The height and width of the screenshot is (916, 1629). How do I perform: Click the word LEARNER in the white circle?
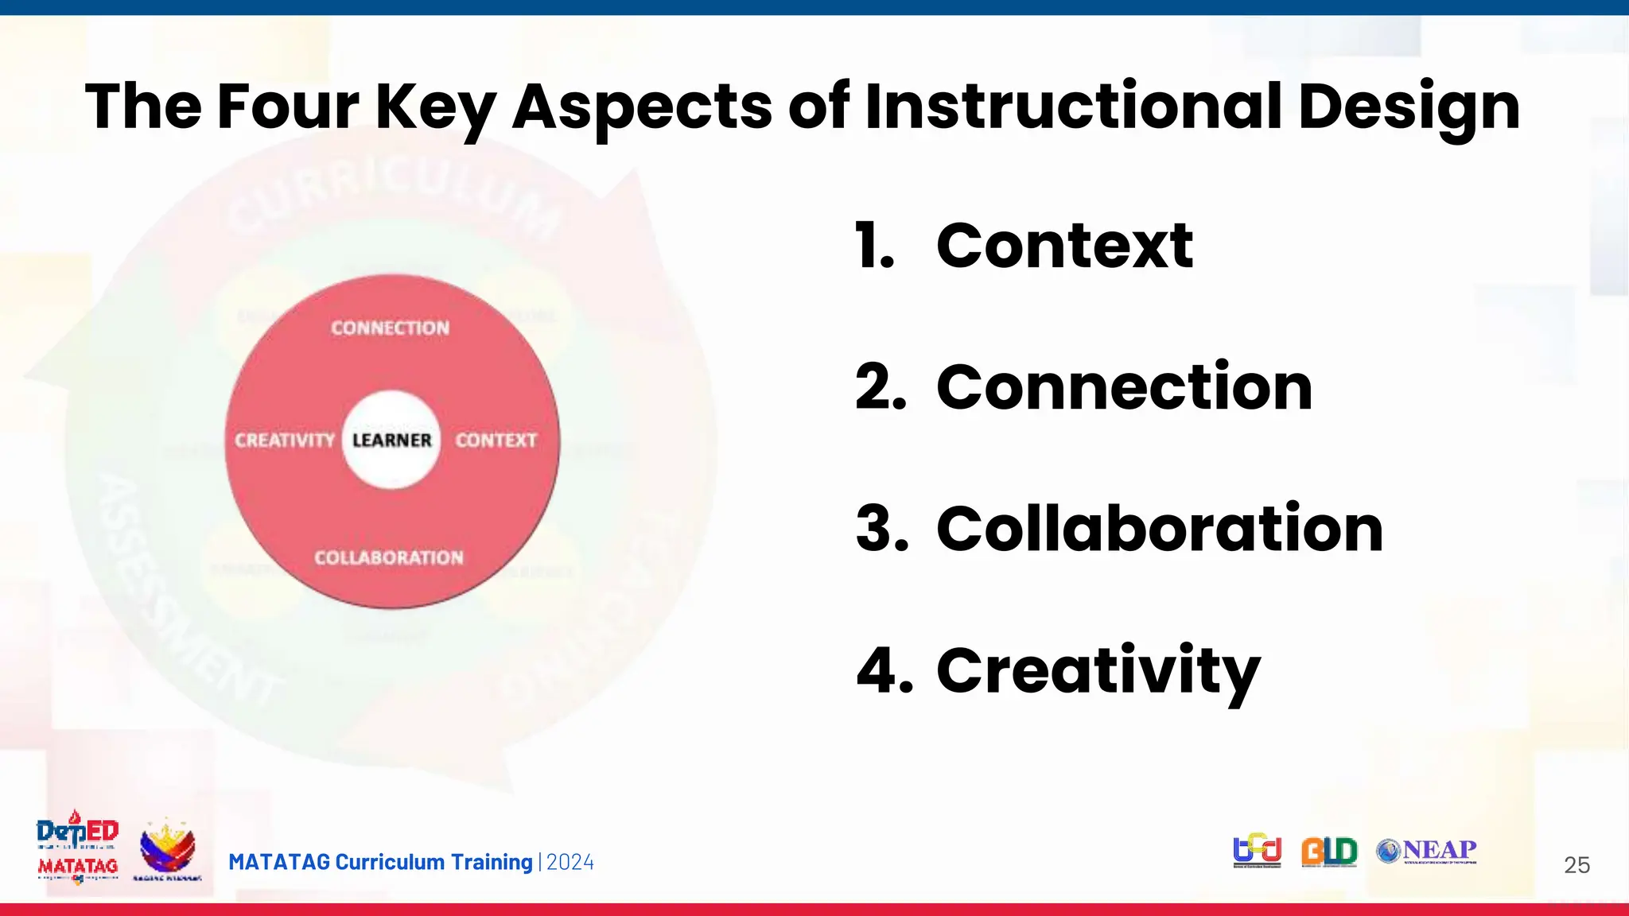[391, 440]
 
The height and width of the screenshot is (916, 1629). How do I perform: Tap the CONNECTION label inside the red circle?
[390, 328]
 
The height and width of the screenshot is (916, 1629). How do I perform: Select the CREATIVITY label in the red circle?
[284, 440]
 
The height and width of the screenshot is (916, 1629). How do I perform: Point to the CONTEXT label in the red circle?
[496, 440]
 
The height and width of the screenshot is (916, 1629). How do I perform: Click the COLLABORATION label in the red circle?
[388, 557]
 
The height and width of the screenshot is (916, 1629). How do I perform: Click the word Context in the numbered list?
[1064, 246]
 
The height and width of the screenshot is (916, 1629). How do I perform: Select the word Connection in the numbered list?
[1124, 387]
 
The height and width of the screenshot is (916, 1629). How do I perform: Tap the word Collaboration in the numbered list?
[1160, 529]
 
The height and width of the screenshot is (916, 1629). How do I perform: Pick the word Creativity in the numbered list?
[1098, 670]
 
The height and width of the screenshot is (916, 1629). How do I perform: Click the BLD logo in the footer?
[1329, 852]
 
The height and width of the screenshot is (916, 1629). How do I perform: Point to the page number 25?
[1577, 865]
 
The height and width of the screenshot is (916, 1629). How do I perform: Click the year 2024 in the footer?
[570, 863]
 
